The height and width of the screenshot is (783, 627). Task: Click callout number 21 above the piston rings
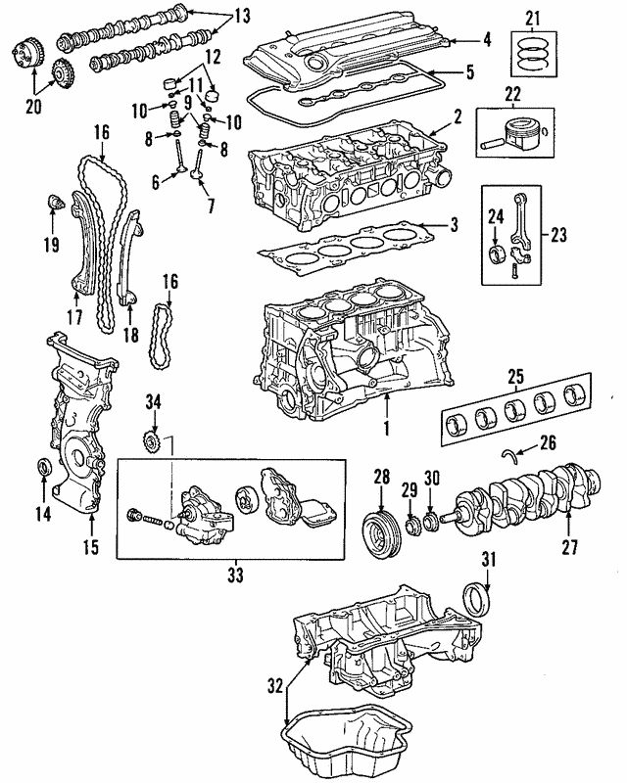pos(532,18)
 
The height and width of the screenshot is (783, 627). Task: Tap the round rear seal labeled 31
pos(476,599)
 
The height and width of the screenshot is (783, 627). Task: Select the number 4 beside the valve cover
pos(487,40)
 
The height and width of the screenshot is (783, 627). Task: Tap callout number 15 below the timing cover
pos(90,547)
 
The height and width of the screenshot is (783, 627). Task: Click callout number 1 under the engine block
pos(387,428)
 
